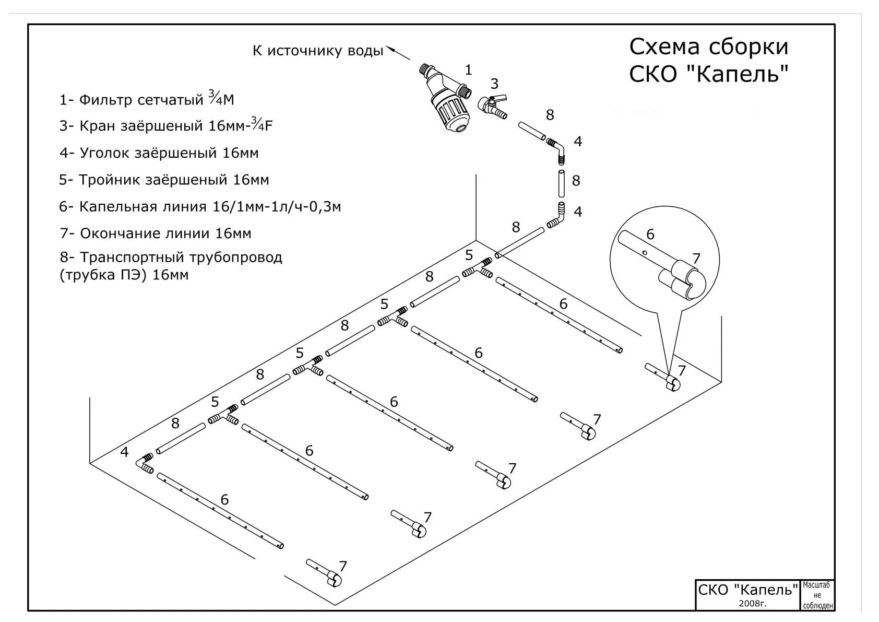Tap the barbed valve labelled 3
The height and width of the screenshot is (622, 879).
(x=493, y=106)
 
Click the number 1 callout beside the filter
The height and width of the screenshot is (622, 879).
(x=468, y=69)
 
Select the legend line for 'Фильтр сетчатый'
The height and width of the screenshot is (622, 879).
(x=147, y=99)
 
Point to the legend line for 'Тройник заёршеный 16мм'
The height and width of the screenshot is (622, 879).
(x=164, y=180)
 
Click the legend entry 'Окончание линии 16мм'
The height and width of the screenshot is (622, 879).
(x=156, y=233)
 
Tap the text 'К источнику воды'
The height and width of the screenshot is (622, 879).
(x=318, y=51)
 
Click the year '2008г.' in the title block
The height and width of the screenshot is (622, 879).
(x=752, y=603)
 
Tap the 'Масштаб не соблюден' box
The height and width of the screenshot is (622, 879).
(x=817, y=595)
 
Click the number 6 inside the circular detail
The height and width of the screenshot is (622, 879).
(x=650, y=234)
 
